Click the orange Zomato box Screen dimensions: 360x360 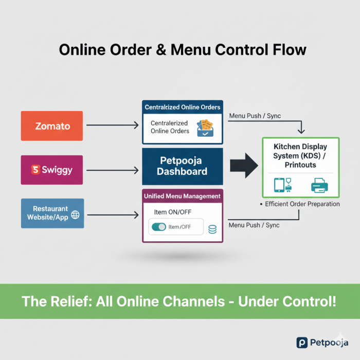[51, 125]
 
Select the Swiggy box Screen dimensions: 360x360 [51, 169]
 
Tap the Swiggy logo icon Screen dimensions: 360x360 [35, 169]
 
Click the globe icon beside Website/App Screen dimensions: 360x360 [76, 214]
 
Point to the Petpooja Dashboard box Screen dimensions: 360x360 [183, 167]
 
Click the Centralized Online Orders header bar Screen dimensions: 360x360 [183, 107]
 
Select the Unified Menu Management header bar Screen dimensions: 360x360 [183, 196]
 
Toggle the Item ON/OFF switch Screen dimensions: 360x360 [159, 227]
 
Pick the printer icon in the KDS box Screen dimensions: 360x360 [319, 184]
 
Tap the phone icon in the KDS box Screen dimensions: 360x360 [278, 184]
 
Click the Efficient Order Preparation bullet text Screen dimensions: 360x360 [302, 204]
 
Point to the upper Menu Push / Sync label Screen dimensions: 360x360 [255, 116]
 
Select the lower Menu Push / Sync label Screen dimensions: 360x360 [255, 225]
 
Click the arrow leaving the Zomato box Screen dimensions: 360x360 [112, 125]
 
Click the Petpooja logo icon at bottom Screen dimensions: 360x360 [302, 342]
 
